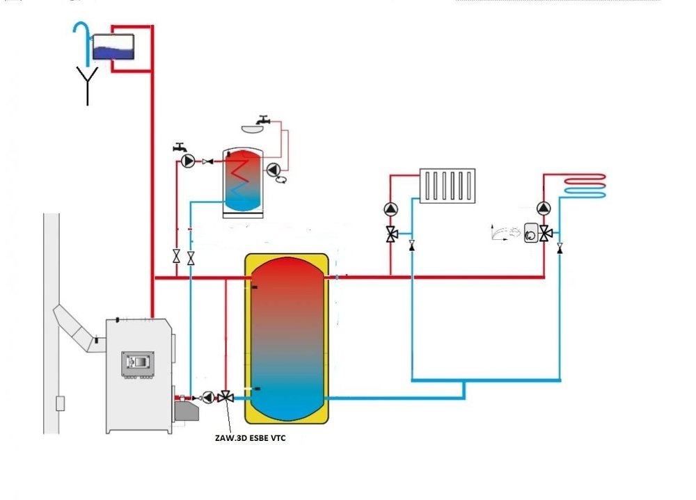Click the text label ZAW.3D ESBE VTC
(258, 439)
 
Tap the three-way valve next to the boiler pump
(225, 397)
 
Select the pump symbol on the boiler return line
(208, 397)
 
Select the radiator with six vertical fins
(448, 185)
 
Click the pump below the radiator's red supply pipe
(392, 209)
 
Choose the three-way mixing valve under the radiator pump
(392, 234)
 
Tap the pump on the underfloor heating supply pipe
(544, 208)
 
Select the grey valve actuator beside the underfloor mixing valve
(530, 232)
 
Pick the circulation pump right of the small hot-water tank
(274, 169)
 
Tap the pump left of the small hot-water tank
(187, 161)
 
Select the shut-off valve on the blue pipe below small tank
(191, 257)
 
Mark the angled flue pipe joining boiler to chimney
(77, 327)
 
